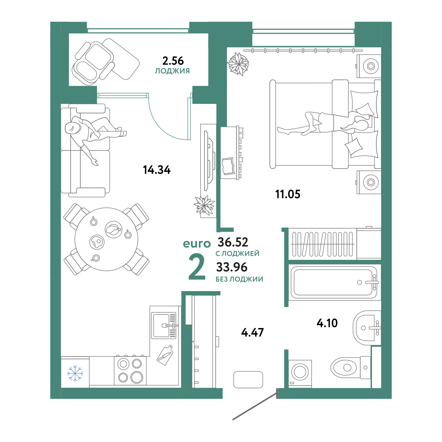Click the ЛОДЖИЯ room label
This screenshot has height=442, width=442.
[x=172, y=71]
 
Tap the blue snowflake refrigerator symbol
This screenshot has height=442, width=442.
[x=75, y=373]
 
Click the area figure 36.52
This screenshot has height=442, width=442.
[x=233, y=242]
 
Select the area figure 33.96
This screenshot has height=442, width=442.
[x=231, y=267]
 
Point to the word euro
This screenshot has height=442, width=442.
[x=196, y=244]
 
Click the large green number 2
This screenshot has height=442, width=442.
[x=197, y=267]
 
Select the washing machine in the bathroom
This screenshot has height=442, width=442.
[x=300, y=373]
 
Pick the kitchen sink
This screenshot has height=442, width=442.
[x=164, y=325]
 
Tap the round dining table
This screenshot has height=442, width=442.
[x=106, y=239]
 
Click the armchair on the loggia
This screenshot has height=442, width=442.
[x=93, y=62]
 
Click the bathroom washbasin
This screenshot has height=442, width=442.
[x=366, y=328]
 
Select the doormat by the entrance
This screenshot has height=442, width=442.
[x=248, y=379]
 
